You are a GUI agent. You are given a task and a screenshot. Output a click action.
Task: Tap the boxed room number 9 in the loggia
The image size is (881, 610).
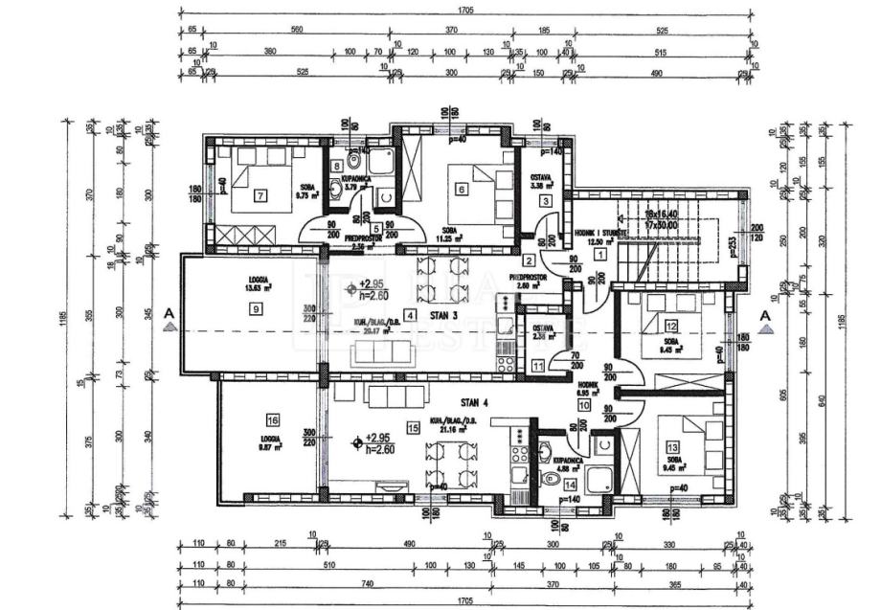tap(256, 308)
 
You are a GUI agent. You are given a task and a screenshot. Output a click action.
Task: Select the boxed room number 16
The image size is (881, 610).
tap(274, 419)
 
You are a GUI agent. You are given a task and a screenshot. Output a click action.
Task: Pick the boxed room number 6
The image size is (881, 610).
tap(462, 190)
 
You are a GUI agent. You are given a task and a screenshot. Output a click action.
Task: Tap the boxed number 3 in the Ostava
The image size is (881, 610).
tap(545, 200)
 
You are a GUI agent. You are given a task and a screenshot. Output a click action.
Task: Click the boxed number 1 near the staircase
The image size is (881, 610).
tap(600, 254)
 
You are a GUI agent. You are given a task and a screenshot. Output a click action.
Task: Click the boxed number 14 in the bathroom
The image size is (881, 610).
tap(570, 485)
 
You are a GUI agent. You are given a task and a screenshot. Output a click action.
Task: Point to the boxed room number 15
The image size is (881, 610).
tap(413, 428)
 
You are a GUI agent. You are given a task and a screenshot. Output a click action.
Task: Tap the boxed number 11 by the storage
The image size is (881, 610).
tap(538, 364)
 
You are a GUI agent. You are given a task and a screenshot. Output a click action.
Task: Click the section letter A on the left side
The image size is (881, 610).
tap(169, 312)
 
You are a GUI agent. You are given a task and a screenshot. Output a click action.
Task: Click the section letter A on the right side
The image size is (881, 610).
tap(765, 313)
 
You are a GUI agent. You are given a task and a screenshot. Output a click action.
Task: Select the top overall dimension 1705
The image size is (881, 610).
tap(465, 11)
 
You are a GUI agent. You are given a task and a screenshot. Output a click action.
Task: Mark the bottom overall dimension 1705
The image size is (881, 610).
tap(465, 600)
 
